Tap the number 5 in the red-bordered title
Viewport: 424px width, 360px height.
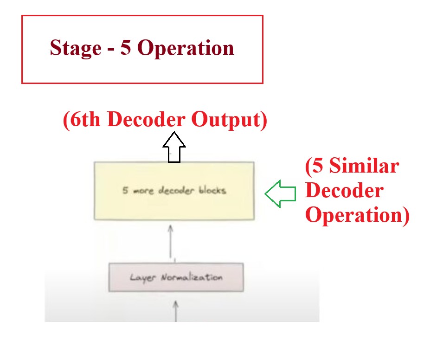[126, 48]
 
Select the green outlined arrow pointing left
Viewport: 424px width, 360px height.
[280, 193]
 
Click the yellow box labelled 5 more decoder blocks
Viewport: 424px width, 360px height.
[174, 204]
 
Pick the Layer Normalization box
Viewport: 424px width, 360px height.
[176, 277]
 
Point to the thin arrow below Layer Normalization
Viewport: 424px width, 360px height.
[176, 310]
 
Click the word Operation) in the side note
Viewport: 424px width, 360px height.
[357, 216]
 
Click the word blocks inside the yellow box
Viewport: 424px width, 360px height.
[211, 191]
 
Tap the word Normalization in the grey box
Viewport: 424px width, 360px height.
[192, 277]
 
